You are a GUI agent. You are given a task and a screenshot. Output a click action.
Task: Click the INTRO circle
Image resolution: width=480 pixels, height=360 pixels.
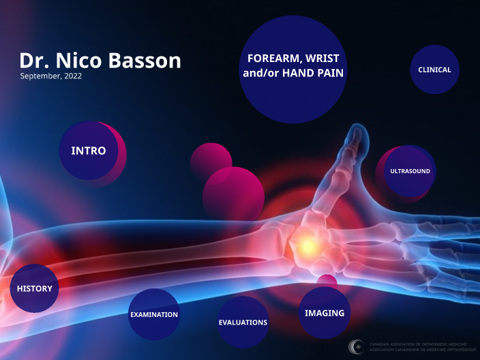(x=89, y=151)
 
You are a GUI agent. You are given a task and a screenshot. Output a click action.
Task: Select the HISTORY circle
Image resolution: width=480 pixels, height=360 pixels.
(x=34, y=288)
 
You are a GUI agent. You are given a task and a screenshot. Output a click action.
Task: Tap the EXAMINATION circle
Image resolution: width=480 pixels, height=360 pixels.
(x=154, y=314)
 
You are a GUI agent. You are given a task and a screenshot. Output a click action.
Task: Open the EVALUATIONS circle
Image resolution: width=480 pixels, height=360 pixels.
(x=243, y=322)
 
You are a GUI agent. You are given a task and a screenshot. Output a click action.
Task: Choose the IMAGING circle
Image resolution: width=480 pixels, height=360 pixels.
(x=325, y=313)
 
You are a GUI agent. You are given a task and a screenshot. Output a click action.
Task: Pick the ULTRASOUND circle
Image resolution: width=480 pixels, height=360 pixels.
(x=410, y=171)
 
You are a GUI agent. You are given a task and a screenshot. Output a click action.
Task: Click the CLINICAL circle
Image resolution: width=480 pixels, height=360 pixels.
(x=434, y=70)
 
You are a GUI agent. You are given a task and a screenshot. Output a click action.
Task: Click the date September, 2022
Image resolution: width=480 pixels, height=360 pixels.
(x=51, y=76)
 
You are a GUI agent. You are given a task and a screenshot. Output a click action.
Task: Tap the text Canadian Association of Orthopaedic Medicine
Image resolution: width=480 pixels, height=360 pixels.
(x=417, y=344)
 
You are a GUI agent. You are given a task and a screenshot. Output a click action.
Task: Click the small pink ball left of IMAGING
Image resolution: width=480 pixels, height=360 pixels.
(x=327, y=282)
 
